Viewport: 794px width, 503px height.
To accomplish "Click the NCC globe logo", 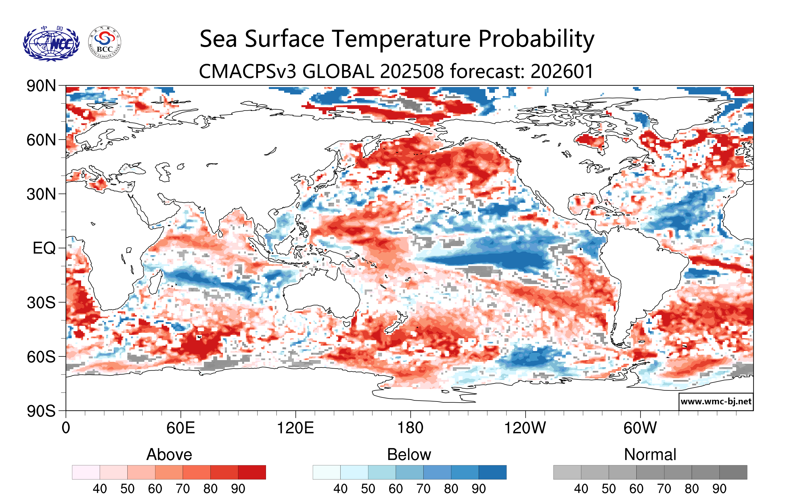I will tap(51, 44).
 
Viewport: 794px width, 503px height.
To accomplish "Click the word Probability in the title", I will tap(536, 39).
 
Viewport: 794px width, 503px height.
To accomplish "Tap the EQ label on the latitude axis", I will tap(44, 248).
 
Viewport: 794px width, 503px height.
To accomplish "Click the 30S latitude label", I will tap(41, 302).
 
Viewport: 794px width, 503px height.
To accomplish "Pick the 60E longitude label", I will tap(180, 428).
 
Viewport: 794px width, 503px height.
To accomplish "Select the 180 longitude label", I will tap(410, 428).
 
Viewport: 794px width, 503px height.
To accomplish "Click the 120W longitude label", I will tap(525, 428).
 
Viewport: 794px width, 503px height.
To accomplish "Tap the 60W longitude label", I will tap(640, 428).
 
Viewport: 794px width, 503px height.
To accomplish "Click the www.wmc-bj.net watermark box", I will tap(716, 401).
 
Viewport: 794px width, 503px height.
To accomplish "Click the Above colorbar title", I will tap(169, 455).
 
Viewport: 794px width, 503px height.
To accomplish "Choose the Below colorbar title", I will tap(409, 455).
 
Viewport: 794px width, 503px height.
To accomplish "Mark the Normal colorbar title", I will tap(650, 455).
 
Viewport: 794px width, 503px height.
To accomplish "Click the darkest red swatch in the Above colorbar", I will tap(252, 472).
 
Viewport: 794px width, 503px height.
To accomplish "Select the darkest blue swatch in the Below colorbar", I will tap(492, 472).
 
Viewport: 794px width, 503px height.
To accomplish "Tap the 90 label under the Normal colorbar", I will tap(719, 489).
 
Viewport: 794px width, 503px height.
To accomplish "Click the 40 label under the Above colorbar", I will tap(100, 489).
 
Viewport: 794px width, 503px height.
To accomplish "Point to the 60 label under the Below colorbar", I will tap(395, 489).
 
